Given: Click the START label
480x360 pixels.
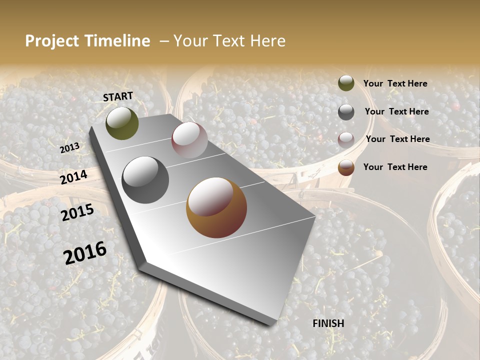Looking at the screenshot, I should [118, 96].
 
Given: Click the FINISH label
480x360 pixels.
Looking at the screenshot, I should [328, 323].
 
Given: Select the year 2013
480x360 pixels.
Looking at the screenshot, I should [69, 148].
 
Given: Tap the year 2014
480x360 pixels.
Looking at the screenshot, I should [74, 177].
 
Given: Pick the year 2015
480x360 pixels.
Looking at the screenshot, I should [77, 212].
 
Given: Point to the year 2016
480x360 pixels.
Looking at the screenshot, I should [85, 253].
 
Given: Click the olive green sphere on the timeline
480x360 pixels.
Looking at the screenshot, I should [122, 123].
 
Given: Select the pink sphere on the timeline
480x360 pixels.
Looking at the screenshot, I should [189, 140].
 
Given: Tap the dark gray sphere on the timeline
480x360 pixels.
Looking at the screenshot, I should [145, 180].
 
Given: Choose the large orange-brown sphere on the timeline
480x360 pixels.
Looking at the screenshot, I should [216, 207].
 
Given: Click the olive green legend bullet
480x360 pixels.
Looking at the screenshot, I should [346, 83].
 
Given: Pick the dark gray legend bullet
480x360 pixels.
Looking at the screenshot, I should [346, 112].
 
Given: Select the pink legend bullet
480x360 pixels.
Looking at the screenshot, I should [346, 139].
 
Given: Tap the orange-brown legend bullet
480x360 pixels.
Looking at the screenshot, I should [346, 167].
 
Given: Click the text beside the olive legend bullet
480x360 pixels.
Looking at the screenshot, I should [395, 83].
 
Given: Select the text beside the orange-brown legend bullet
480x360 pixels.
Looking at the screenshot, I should [395, 167].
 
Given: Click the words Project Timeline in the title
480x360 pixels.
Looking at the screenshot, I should [87, 41].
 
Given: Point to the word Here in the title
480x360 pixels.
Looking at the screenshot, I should [267, 41].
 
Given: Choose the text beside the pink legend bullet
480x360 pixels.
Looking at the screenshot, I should [397, 139].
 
